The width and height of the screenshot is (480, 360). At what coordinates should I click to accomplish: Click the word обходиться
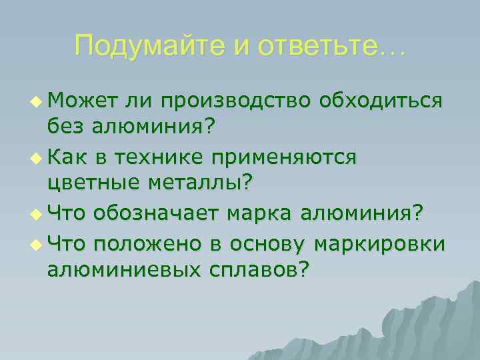pyautogui.click(x=381, y=100)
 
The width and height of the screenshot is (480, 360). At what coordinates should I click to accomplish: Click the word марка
pyautogui.click(x=261, y=213)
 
